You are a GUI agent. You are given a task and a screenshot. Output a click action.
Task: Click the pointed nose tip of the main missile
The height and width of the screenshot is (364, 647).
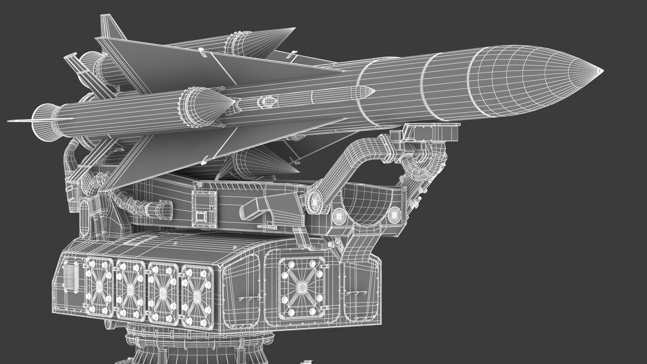[602, 71]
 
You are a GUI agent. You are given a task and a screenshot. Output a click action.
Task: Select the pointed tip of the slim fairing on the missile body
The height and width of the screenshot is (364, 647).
[374, 91]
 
